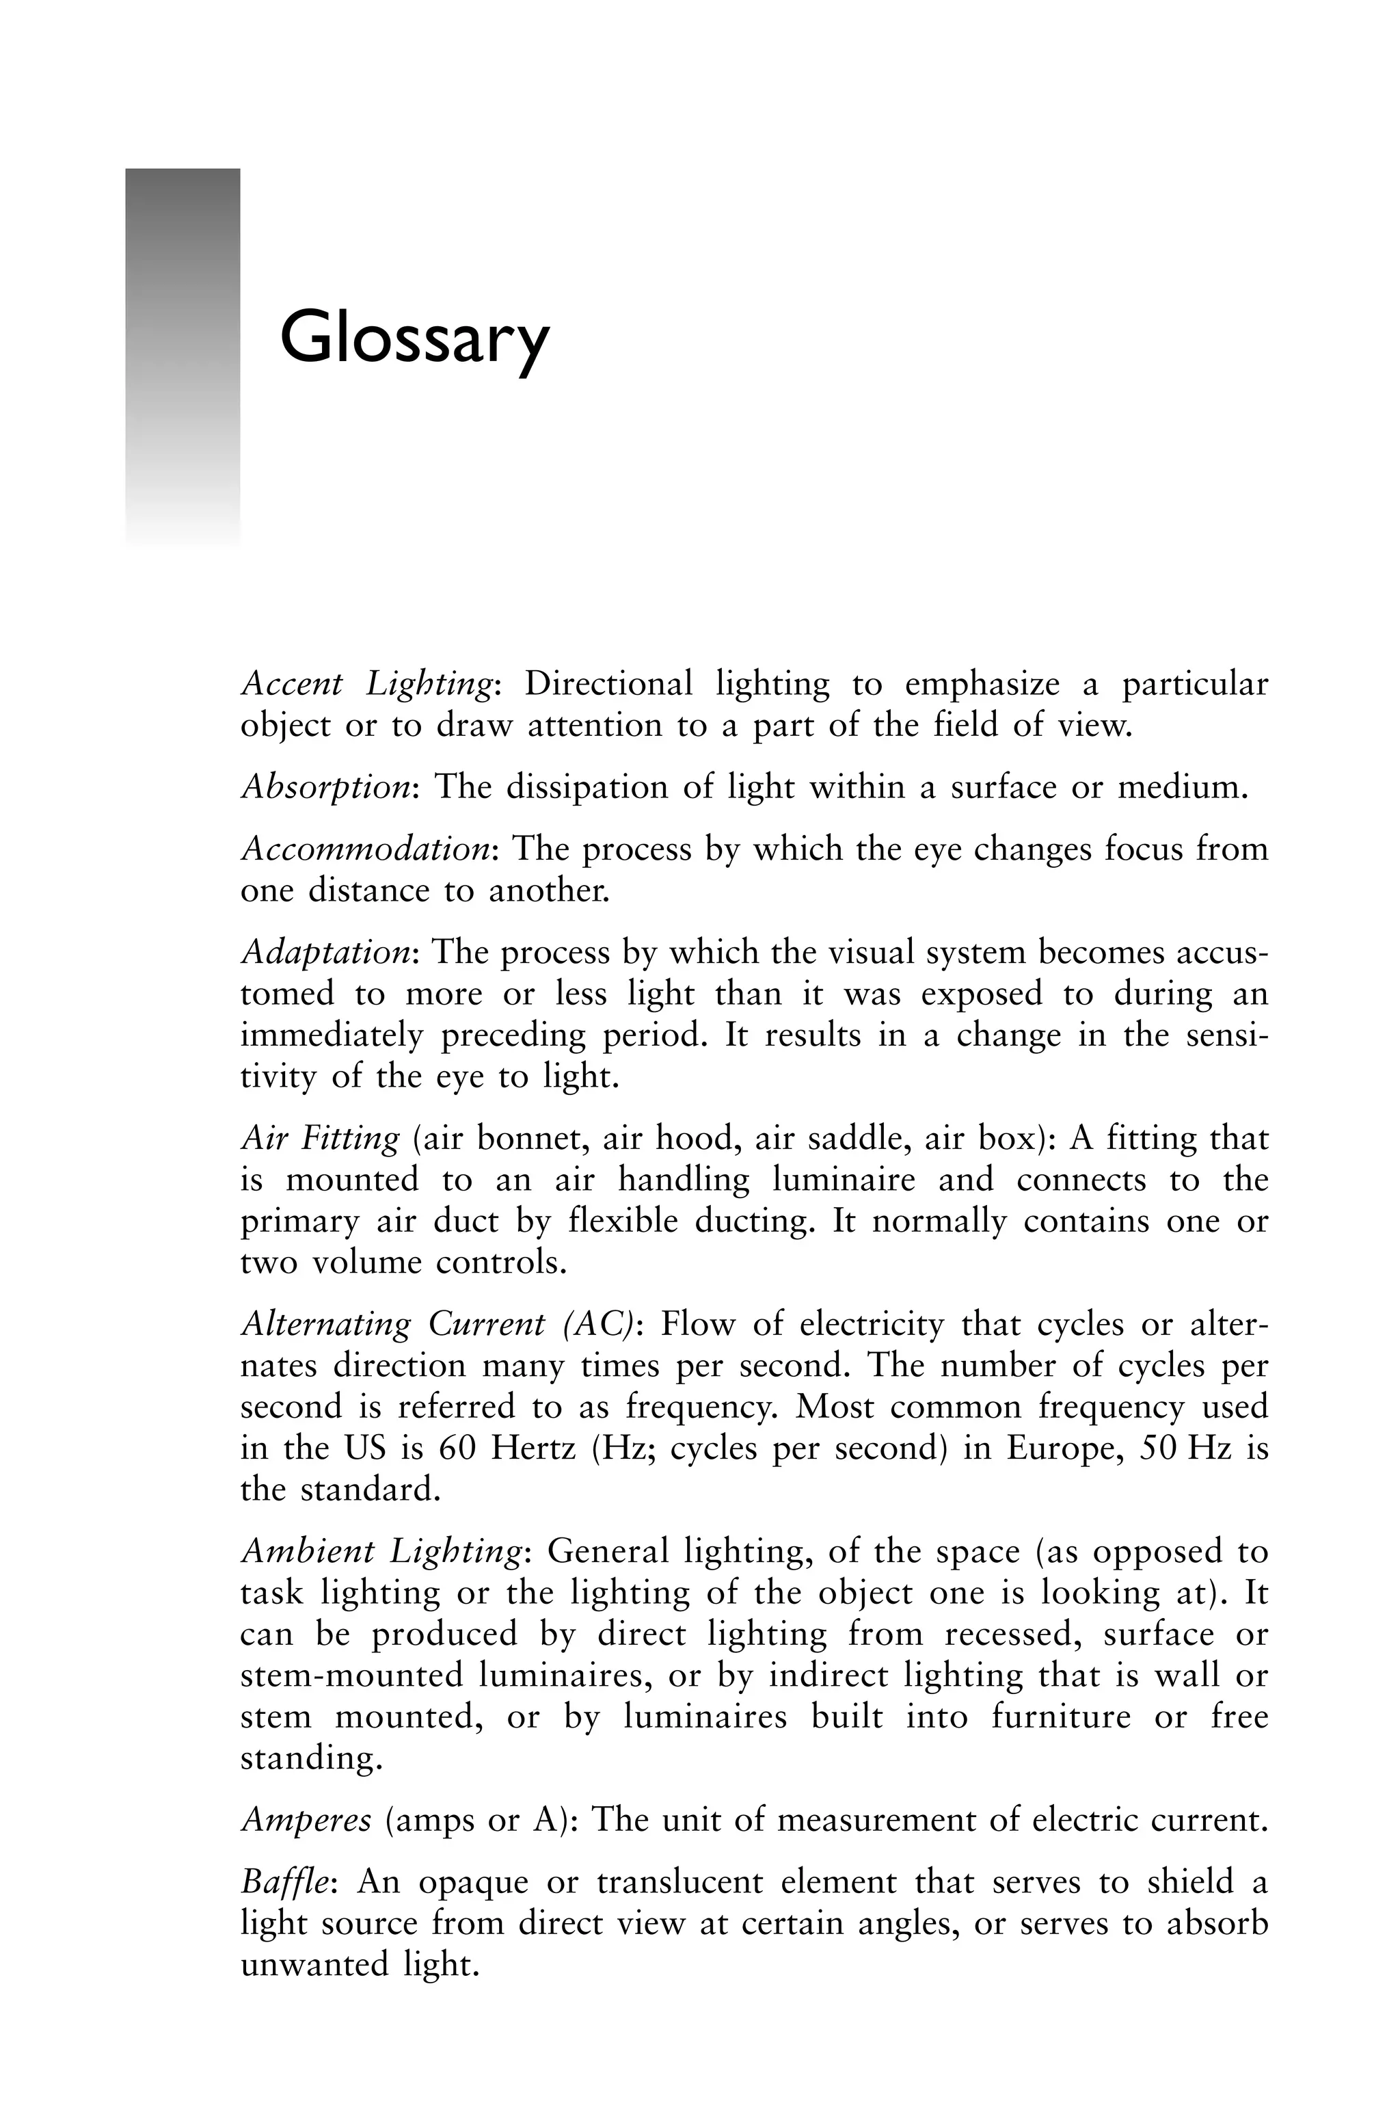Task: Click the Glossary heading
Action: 414,339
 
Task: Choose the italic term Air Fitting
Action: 321,1139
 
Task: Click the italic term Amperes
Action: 306,1819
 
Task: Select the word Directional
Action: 608,684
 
